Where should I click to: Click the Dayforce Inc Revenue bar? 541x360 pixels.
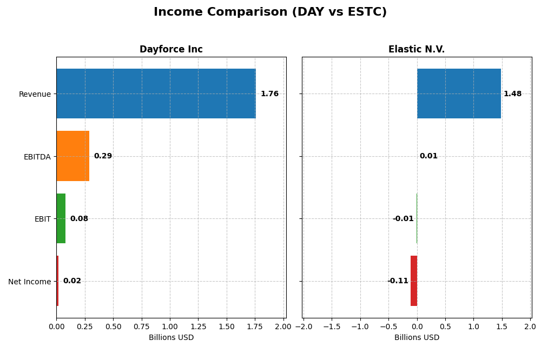[x=156, y=94]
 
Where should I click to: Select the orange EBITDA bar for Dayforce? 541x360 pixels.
[x=72, y=156]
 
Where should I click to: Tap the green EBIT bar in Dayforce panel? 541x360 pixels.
[x=61, y=218]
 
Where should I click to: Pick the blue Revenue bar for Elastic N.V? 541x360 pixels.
[x=459, y=94]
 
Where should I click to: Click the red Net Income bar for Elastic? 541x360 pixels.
[x=414, y=281]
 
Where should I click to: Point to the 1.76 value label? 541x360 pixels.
[x=269, y=94]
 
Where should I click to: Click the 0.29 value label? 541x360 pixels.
[x=103, y=156]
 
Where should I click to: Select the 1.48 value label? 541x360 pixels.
[x=512, y=94]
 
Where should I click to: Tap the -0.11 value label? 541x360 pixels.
[x=398, y=281]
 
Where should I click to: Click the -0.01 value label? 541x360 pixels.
[x=403, y=219]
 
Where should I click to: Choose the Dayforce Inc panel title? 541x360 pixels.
[x=171, y=50]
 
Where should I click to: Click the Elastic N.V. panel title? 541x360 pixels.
[x=417, y=50]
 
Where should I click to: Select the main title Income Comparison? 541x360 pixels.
[x=270, y=12]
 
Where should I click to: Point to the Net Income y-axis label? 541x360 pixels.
[x=29, y=282]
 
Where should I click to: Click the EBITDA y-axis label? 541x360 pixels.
[x=37, y=157]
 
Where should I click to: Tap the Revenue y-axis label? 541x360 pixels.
[x=35, y=95]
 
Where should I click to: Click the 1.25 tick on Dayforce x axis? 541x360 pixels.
[x=198, y=327]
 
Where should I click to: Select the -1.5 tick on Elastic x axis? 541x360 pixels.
[x=332, y=327]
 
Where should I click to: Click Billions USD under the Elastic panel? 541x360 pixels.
[x=417, y=338]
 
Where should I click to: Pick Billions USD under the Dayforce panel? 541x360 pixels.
[x=171, y=338]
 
